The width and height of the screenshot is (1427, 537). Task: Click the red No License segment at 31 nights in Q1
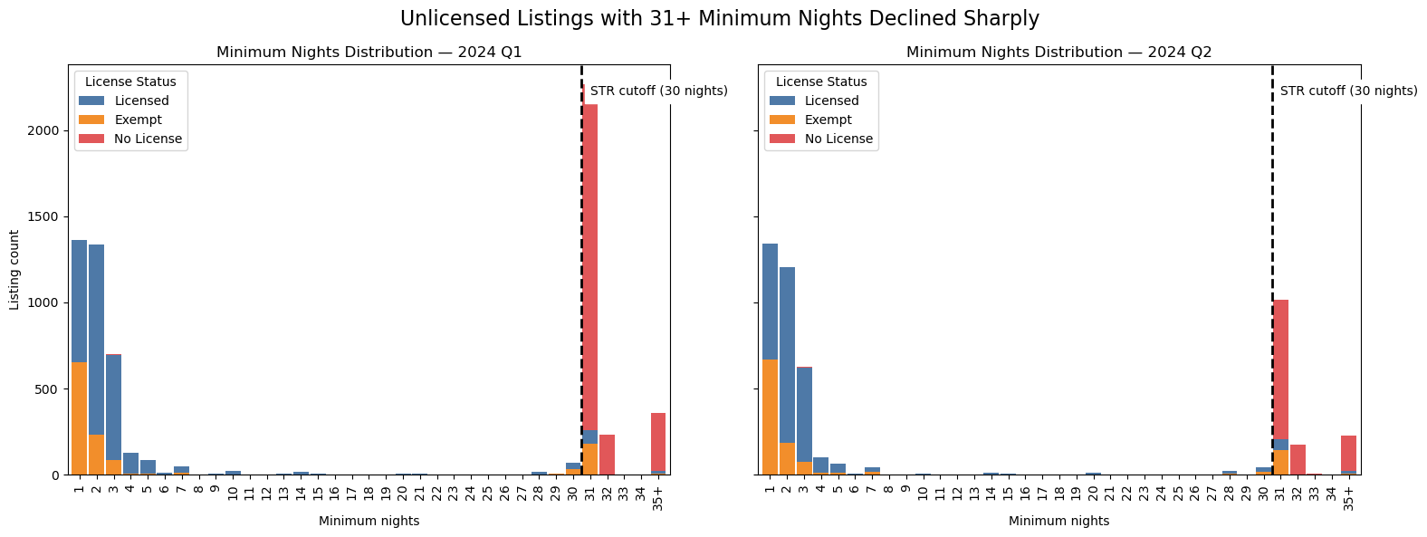[x=589, y=272]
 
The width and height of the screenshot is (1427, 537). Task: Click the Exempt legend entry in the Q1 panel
[x=138, y=120]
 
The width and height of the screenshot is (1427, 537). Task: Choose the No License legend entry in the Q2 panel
[x=838, y=139]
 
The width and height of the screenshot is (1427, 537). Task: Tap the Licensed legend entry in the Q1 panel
[x=141, y=101]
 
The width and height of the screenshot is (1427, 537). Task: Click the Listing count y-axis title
[x=14, y=270]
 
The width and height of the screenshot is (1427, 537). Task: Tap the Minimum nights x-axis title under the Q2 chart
[x=1058, y=521]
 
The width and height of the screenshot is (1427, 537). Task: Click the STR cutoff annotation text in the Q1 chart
[x=658, y=91]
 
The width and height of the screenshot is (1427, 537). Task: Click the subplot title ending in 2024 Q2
[x=1058, y=53]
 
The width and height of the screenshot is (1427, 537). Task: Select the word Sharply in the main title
[x=1001, y=18]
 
